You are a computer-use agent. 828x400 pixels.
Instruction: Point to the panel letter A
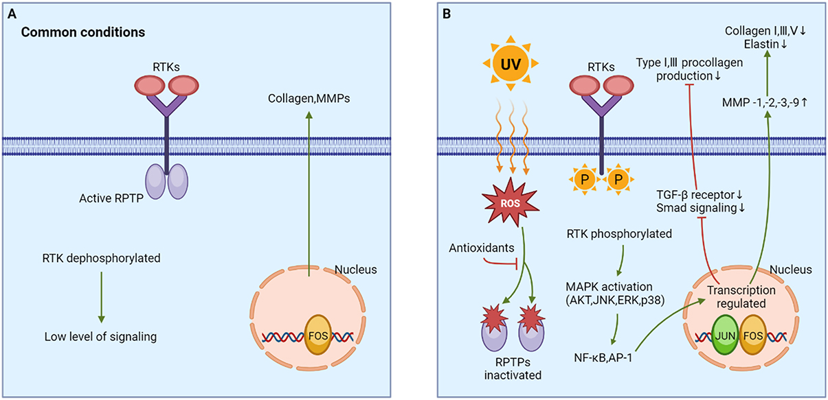11,13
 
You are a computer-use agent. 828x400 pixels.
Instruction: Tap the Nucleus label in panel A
357,270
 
